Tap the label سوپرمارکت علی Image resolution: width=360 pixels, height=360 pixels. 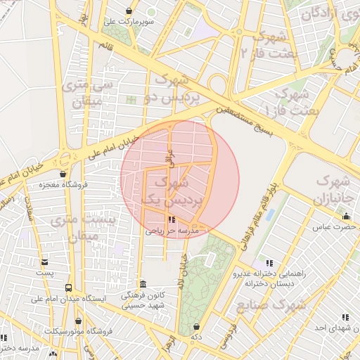pyautogui.click(x=129, y=22)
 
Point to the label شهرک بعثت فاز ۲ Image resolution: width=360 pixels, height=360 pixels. pyautogui.click(x=264, y=44)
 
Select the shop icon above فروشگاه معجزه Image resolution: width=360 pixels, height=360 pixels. pyautogui.click(x=63, y=174)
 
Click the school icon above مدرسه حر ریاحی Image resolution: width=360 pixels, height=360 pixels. pyautogui.click(x=173, y=220)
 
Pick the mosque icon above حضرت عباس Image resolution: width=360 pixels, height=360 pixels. pyautogui.click(x=345, y=217)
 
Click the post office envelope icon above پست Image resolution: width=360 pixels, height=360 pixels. pyautogui.click(x=45, y=262)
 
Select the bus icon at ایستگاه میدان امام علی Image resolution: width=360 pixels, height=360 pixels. pyautogui.click(x=68, y=288)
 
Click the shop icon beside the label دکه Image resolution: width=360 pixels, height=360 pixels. pyautogui.click(x=195, y=327)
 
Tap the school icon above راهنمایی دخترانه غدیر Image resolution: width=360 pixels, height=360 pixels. pyautogui.click(x=268, y=263)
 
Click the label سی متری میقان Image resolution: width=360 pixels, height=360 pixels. pyautogui.click(x=89, y=93)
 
